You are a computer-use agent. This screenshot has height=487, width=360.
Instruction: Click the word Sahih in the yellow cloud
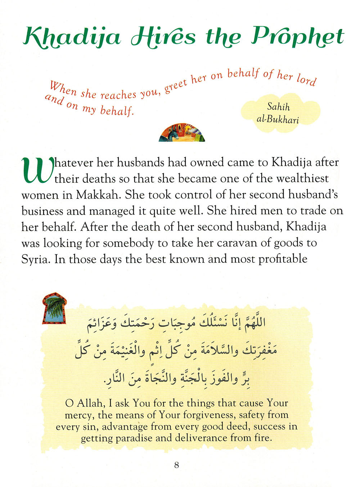[278, 106]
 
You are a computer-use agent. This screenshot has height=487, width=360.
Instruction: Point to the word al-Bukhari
[278, 119]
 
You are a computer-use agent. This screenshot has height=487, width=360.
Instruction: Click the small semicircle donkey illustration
[182, 133]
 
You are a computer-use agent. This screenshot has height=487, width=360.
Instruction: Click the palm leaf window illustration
[54, 309]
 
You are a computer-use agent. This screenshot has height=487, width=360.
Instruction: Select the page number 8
[176, 465]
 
